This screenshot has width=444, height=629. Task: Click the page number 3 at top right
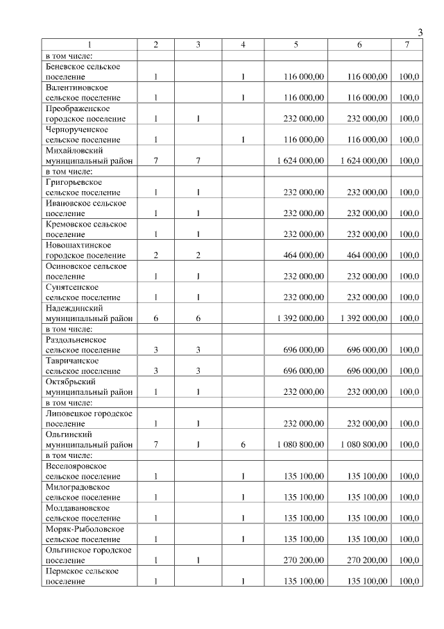[420, 32]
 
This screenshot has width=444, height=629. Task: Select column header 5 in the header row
[296, 45]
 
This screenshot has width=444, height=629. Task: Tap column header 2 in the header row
[155, 45]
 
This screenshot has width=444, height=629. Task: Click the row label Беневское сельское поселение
[83, 72]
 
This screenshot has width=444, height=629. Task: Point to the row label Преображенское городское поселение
[83, 113]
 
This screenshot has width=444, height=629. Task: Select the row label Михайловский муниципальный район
[83, 155]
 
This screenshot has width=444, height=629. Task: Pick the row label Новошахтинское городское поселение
[83, 250]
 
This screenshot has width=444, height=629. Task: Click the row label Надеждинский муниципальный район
[83, 313]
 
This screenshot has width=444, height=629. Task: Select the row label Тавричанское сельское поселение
[83, 366]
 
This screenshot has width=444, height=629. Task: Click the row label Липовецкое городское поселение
[83, 418]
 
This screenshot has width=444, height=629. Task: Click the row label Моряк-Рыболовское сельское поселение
[84, 534]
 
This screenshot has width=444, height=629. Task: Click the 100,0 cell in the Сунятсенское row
[409, 297]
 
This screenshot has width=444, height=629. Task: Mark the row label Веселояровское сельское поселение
[83, 471]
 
